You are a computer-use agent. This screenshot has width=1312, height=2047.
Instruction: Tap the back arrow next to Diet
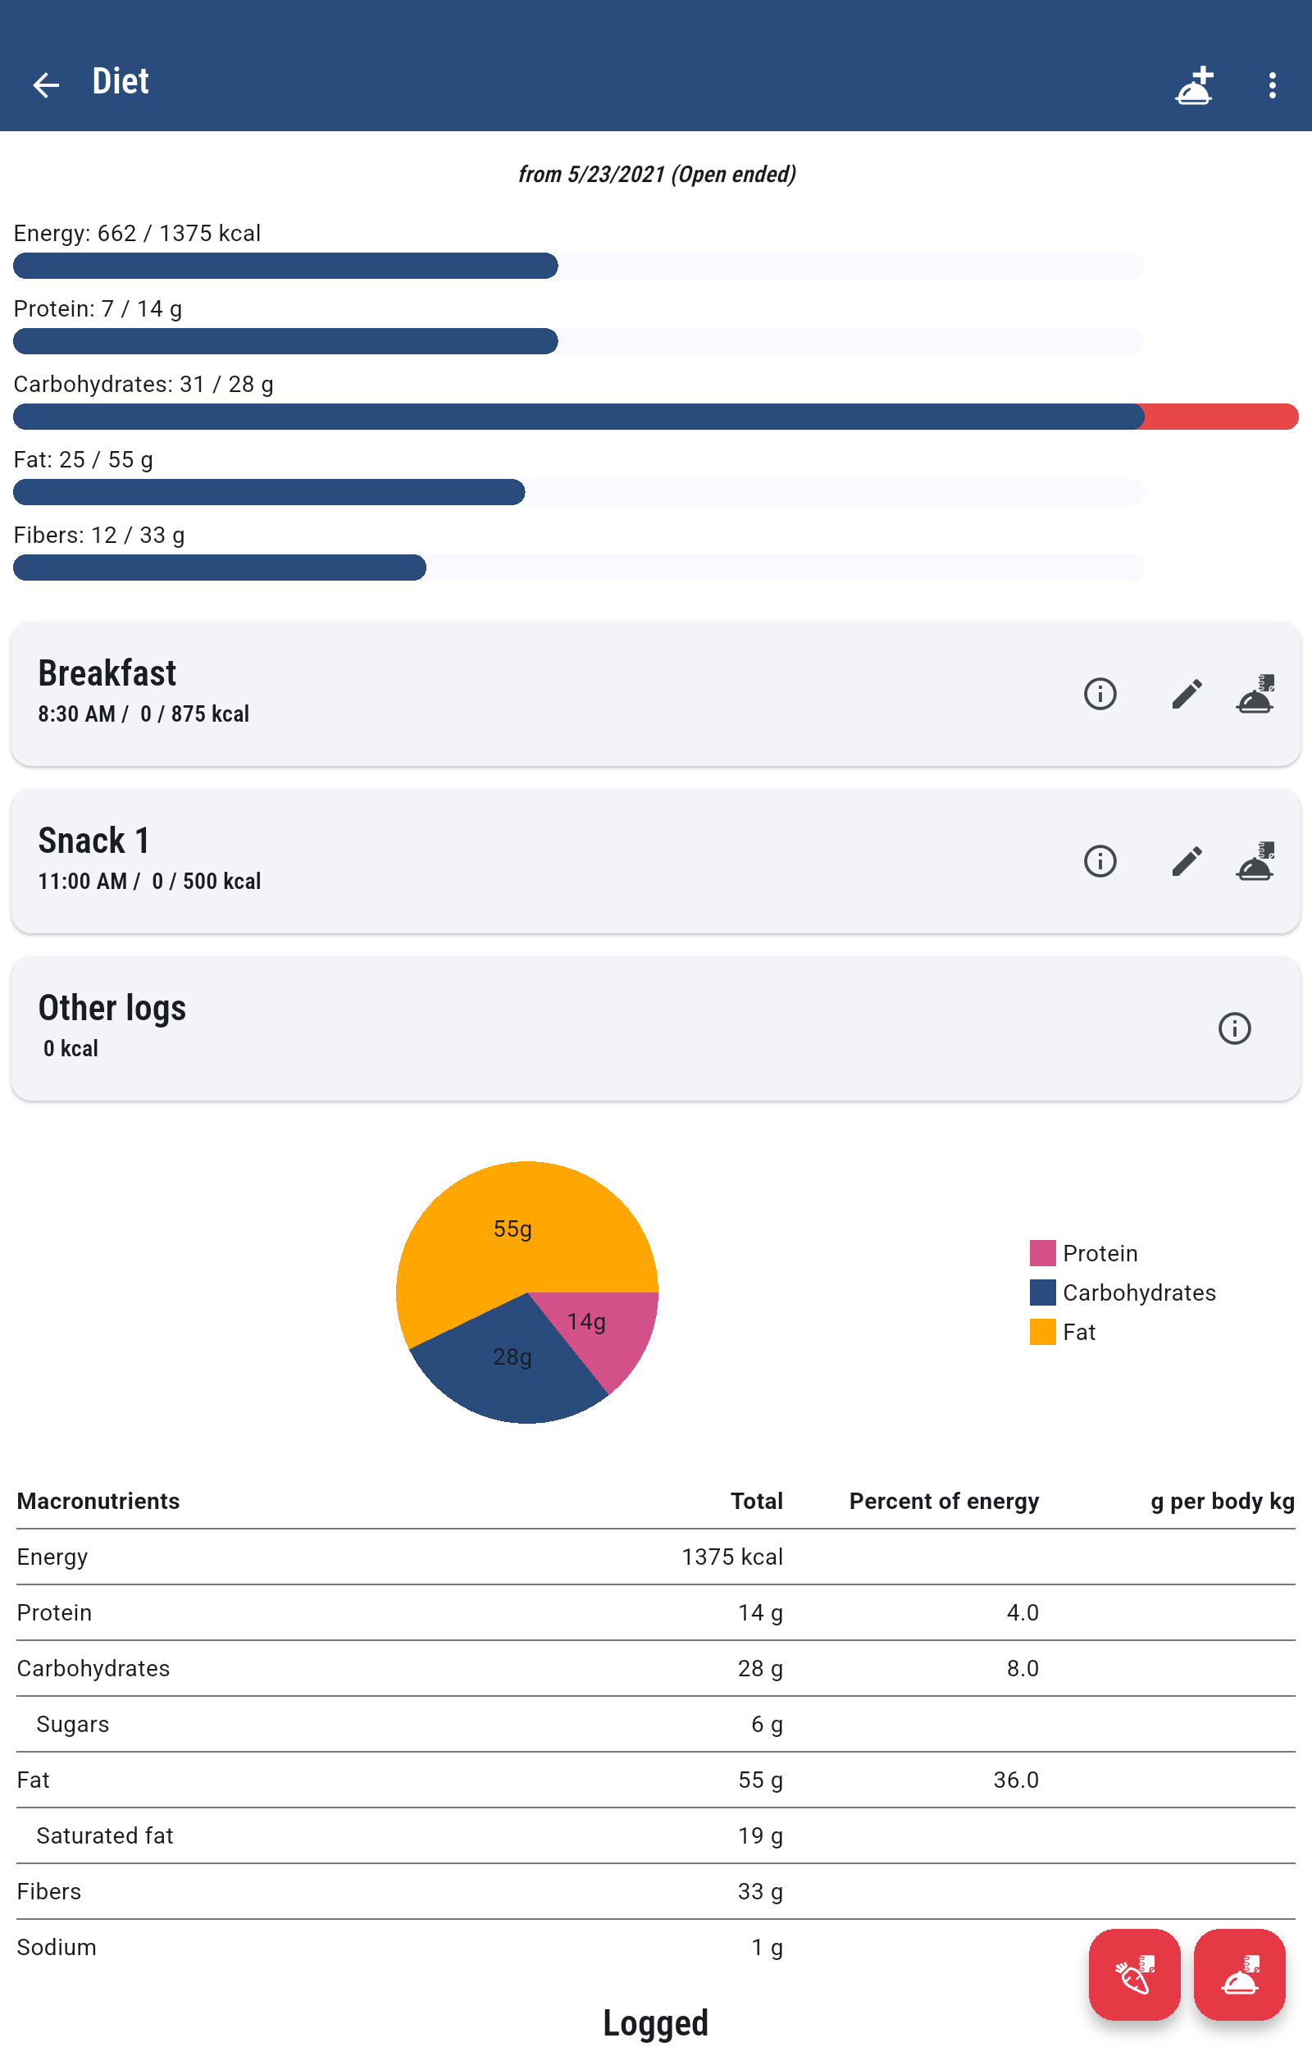[45, 84]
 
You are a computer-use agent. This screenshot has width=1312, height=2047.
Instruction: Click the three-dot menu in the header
[1271, 84]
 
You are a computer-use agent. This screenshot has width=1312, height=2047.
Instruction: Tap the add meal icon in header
[1194, 85]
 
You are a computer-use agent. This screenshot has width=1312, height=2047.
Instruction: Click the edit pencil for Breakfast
[1186, 694]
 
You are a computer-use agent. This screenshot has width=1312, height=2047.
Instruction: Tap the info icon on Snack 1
[1100, 860]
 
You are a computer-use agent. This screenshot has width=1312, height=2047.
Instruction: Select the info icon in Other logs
[1233, 1028]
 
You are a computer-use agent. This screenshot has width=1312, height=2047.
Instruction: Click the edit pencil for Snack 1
[1186, 860]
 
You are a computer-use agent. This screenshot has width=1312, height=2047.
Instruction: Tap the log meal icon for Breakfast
[1255, 694]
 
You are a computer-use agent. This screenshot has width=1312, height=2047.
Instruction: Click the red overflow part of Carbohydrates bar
[1220, 417]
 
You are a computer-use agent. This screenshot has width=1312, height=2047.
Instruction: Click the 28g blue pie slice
[511, 1371]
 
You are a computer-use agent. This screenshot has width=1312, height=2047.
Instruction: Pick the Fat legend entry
[1077, 1333]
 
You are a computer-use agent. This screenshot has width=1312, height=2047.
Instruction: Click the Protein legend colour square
[1043, 1253]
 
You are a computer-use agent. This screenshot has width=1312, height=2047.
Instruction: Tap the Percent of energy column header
[943, 1501]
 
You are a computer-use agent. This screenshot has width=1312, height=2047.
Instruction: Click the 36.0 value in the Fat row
[1015, 1780]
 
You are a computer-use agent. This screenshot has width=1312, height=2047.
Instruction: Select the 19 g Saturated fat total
[759, 1835]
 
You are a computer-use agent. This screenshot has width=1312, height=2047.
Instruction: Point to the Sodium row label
[57, 1947]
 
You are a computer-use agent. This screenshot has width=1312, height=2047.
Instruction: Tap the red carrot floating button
[1134, 1975]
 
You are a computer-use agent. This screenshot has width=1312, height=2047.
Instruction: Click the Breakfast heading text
[107, 673]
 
